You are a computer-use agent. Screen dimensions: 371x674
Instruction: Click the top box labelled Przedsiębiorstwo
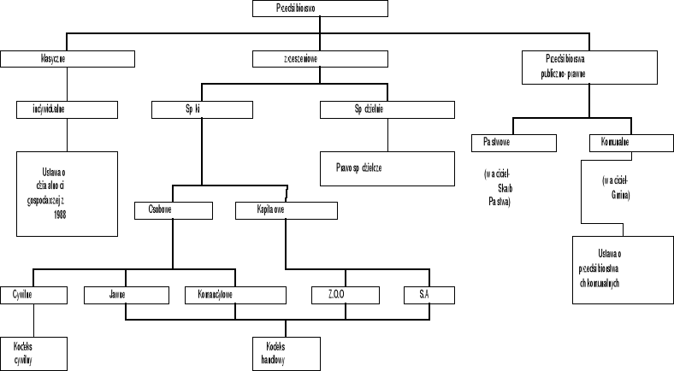pos(321,9)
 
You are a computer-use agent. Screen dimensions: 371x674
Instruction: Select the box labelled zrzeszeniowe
pos(321,59)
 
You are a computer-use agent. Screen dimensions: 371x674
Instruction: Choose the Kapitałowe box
pos(286,209)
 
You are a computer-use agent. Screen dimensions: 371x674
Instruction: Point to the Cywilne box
pos(33,295)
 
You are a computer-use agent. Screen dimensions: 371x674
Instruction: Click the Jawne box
pos(118,295)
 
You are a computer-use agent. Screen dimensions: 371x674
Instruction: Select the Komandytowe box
pos(235,295)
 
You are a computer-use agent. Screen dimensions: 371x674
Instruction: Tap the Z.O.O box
pos(334,295)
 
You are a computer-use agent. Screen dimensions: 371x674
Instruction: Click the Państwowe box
pos(513,142)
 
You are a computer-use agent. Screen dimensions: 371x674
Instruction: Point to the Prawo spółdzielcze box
pos(387,168)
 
